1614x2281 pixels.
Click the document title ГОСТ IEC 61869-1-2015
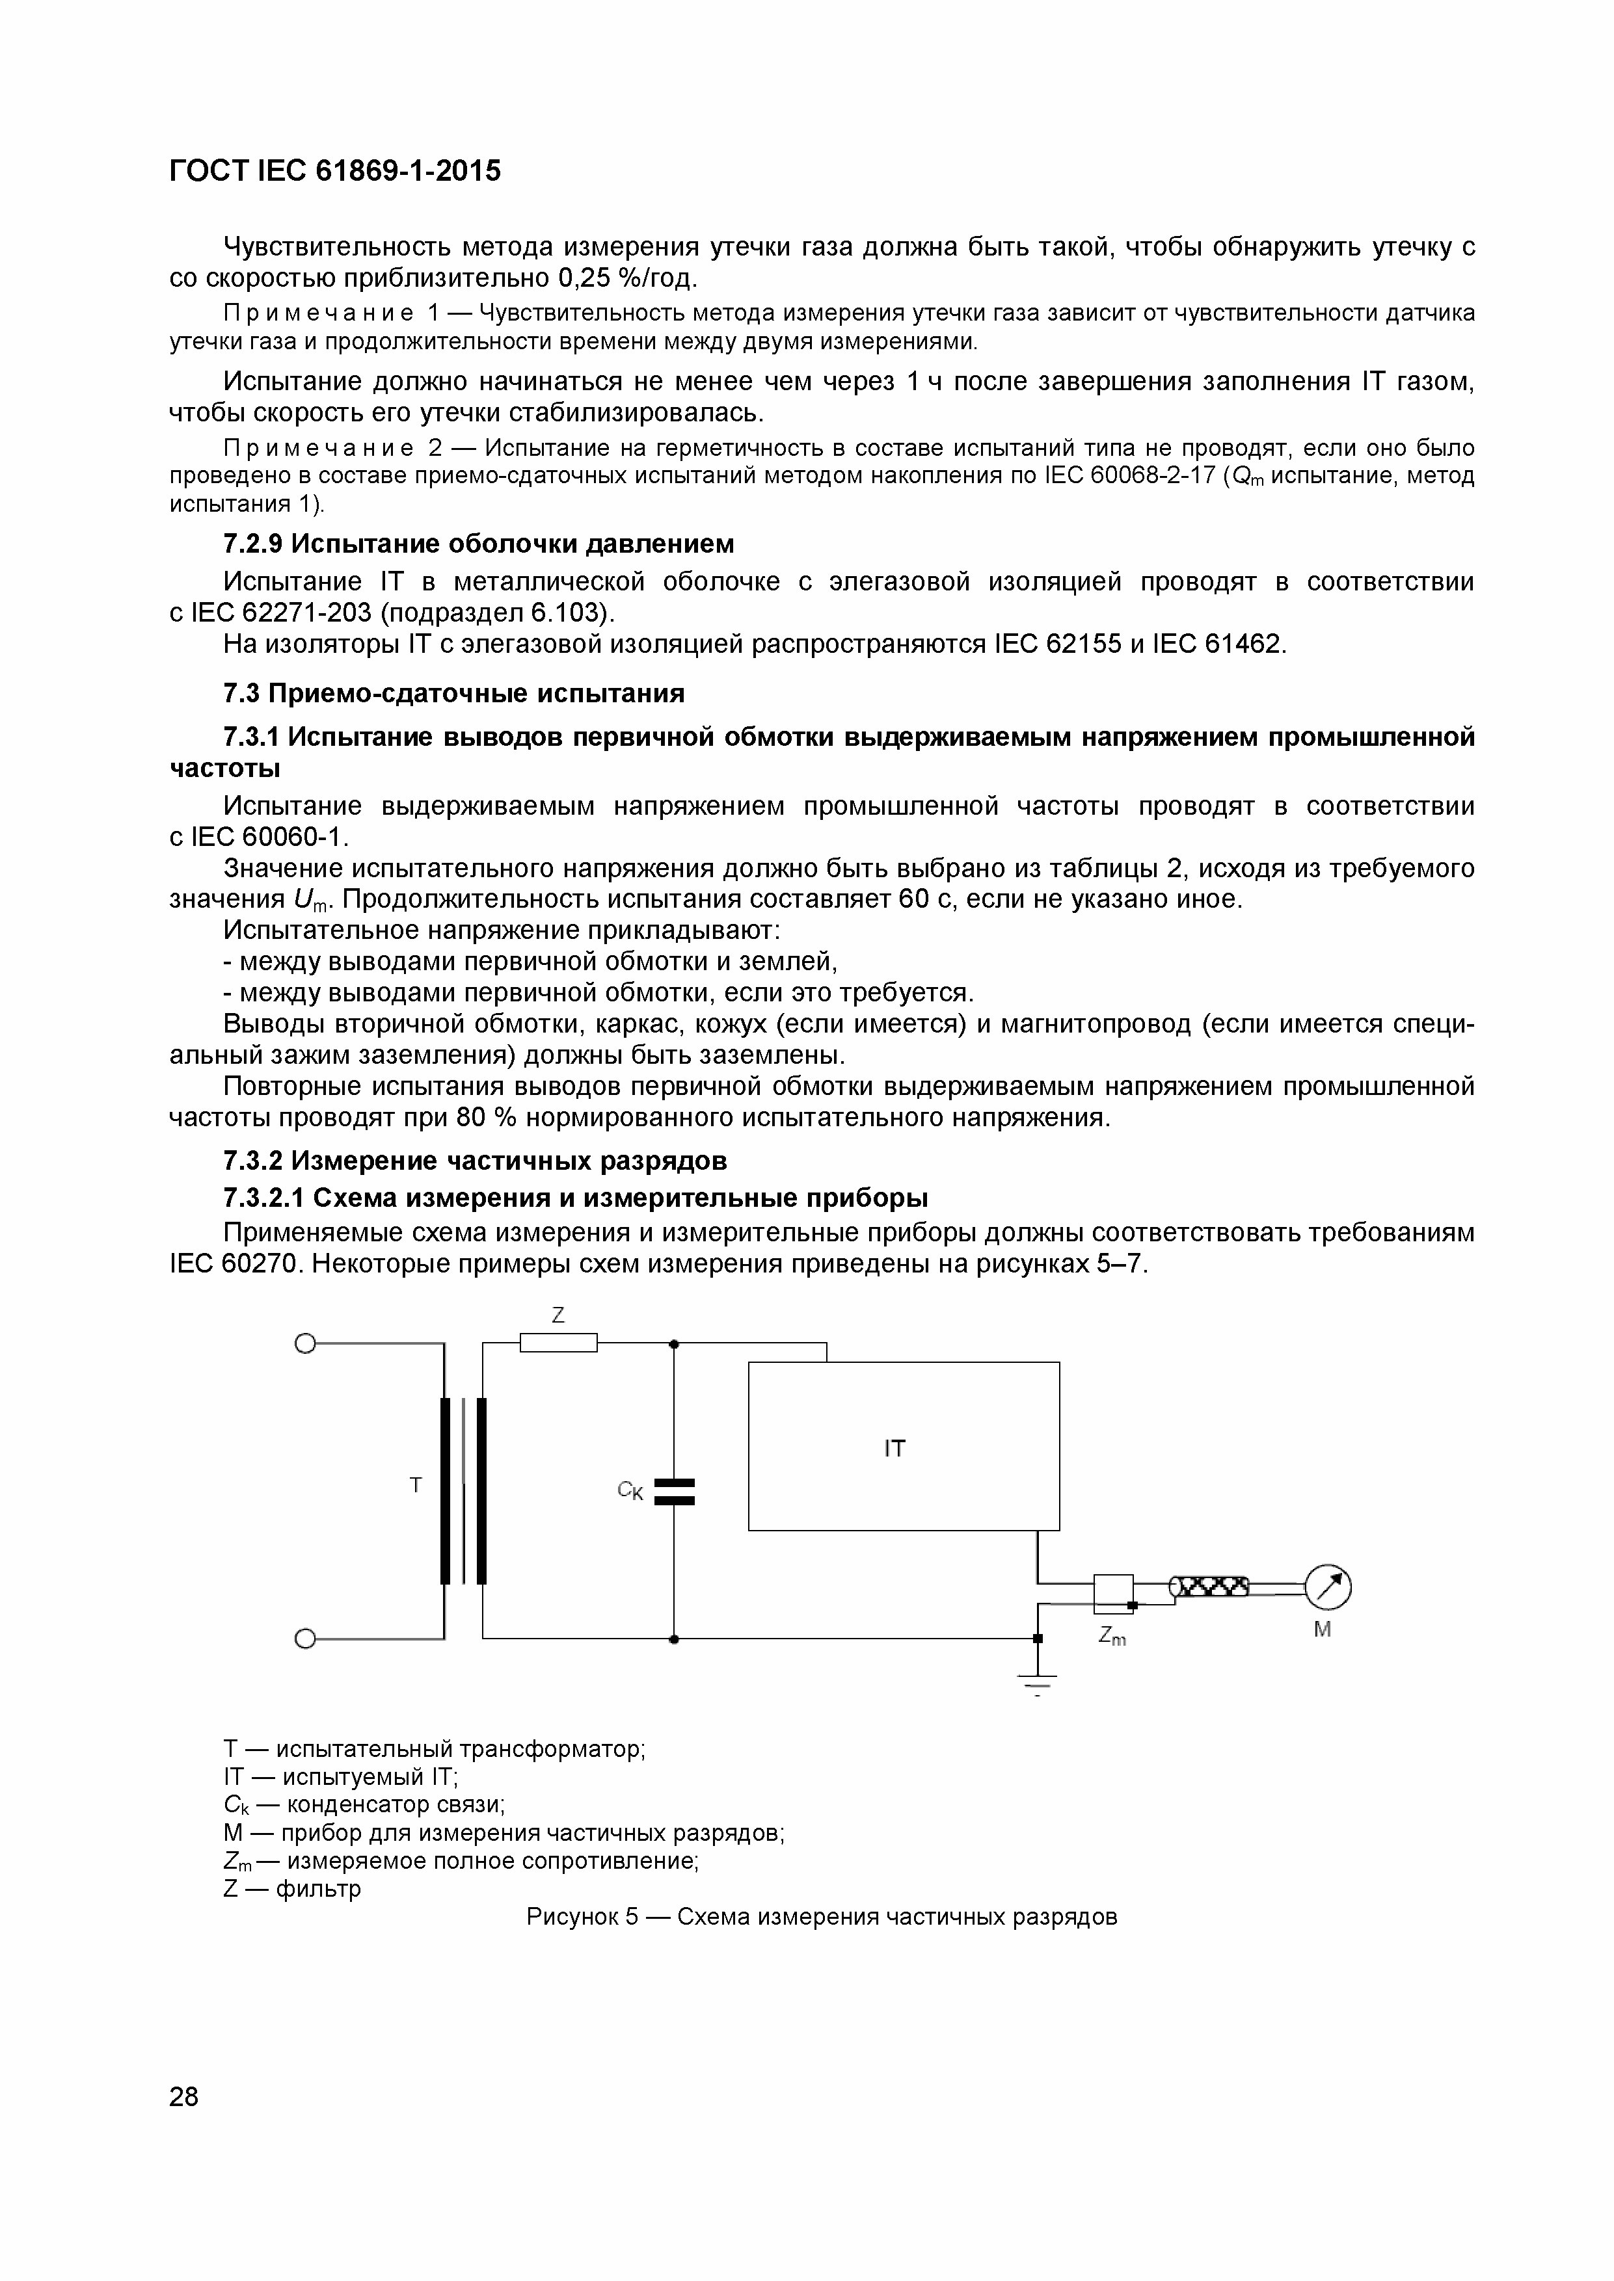(x=335, y=172)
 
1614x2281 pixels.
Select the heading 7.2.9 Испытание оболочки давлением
(x=479, y=544)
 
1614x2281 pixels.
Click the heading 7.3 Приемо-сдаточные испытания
(x=454, y=692)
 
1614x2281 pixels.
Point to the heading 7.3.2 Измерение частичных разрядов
(x=475, y=1161)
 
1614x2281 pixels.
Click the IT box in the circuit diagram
(x=902, y=1445)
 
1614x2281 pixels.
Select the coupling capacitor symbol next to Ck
(x=674, y=1491)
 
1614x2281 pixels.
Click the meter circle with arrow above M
(x=1328, y=1587)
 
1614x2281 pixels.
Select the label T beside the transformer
(x=416, y=1485)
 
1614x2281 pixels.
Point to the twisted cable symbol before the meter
(x=1209, y=1587)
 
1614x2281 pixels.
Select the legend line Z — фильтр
(x=292, y=1888)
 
